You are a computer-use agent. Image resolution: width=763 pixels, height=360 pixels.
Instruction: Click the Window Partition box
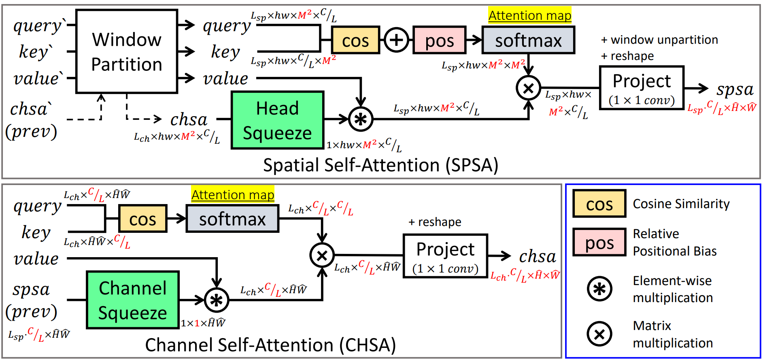[127, 52]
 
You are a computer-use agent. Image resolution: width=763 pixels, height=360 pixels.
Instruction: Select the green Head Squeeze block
[277, 120]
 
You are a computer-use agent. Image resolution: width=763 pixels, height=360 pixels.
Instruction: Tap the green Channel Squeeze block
[133, 300]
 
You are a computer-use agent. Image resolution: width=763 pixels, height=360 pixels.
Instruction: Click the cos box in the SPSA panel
[355, 40]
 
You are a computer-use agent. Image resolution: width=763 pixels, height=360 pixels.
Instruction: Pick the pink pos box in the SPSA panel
[439, 40]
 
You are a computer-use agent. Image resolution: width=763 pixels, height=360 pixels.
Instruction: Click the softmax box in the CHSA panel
[232, 219]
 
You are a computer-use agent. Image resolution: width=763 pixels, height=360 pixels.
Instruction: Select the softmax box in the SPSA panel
[528, 40]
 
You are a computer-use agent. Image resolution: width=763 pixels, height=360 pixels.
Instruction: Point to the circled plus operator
[396, 40]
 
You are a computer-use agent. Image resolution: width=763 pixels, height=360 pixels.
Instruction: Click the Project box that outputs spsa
[642, 88]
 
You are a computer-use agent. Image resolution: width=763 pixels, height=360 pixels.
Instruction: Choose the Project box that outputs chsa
[445, 256]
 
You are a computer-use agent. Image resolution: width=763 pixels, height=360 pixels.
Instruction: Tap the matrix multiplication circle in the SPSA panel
[528, 88]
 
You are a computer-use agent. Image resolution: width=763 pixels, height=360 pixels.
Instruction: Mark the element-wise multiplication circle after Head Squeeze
[360, 119]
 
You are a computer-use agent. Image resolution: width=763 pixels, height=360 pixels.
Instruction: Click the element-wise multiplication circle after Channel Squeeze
[217, 300]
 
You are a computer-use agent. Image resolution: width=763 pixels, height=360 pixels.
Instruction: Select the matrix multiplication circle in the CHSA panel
[322, 255]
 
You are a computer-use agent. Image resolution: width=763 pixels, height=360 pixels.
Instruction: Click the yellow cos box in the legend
[599, 204]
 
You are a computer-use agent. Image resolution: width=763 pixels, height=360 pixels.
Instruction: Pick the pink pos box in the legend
[599, 242]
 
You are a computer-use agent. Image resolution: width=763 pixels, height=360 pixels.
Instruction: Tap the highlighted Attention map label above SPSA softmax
[529, 15]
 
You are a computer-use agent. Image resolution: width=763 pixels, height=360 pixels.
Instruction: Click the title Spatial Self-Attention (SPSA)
[380, 165]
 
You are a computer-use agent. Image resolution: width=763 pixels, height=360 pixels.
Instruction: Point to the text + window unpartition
[659, 40]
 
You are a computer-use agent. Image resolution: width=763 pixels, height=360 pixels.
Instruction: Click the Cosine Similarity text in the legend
[681, 204]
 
